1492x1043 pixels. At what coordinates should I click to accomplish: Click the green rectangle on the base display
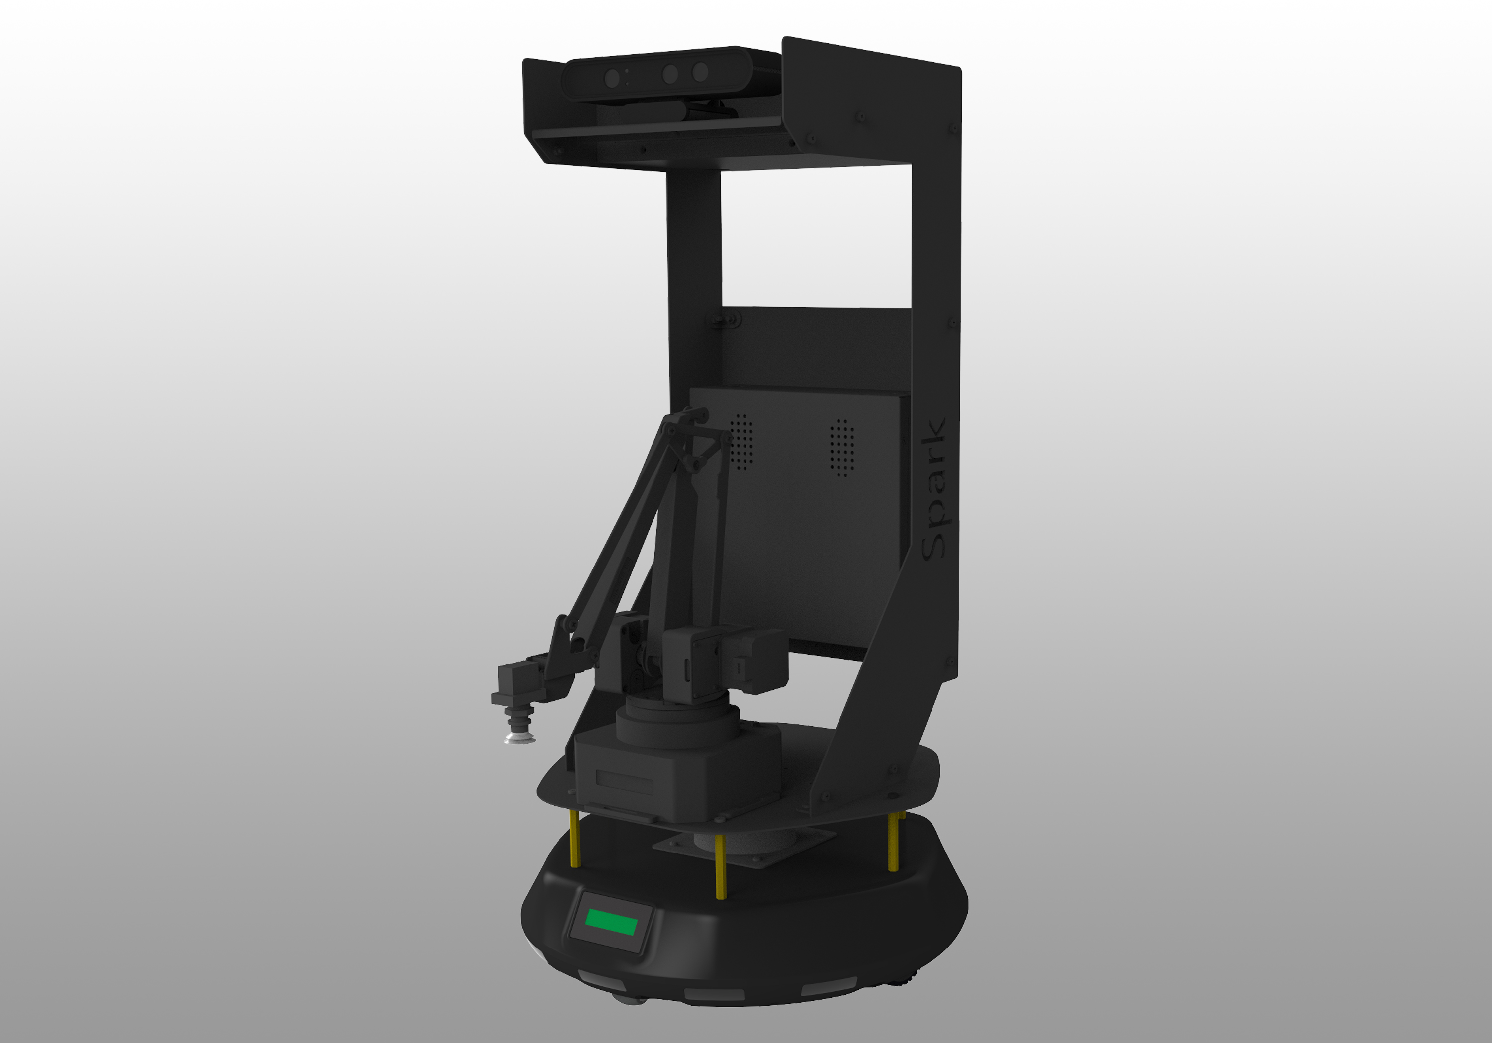click(611, 922)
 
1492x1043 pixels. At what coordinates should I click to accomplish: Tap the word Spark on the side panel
click(934, 489)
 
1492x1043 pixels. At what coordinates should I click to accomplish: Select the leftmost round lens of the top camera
click(612, 79)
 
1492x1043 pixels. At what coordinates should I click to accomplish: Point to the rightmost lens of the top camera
click(700, 72)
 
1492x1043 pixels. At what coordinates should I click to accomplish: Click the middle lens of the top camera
click(670, 74)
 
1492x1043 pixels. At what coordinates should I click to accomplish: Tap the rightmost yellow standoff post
click(894, 841)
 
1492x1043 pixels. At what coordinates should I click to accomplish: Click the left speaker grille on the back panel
click(742, 441)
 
